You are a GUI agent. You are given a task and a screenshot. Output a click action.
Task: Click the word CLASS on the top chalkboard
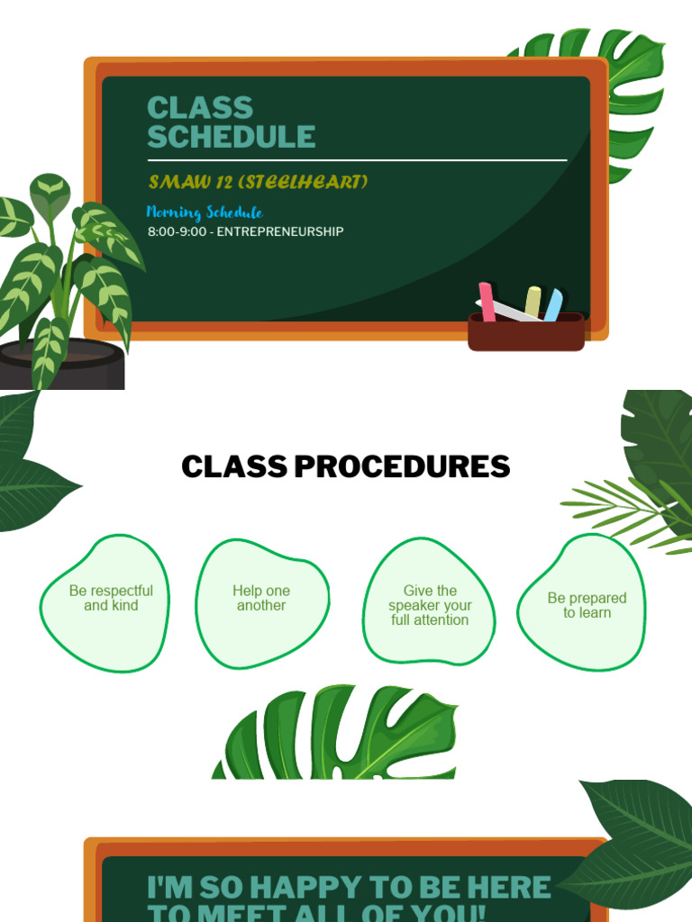coord(200,108)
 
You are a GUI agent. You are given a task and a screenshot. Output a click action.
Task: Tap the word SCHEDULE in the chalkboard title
coord(232,137)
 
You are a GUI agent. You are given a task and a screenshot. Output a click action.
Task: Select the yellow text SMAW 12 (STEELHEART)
coord(259,182)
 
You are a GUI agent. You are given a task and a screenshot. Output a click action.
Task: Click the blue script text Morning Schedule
coord(205,212)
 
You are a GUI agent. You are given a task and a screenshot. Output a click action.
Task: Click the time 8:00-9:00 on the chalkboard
coord(178,231)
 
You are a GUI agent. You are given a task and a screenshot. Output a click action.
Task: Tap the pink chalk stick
coord(487,301)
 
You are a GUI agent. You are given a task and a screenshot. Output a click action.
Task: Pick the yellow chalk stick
coord(533,301)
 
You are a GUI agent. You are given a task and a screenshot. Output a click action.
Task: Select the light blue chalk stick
coord(553,304)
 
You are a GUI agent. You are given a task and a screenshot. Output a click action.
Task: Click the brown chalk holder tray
coord(526,334)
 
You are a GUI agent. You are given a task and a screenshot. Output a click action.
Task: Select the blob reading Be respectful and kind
coord(106,601)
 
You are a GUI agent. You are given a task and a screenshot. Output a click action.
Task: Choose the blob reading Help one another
coord(261,601)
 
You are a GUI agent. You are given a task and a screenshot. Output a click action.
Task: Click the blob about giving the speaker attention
coord(430,603)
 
